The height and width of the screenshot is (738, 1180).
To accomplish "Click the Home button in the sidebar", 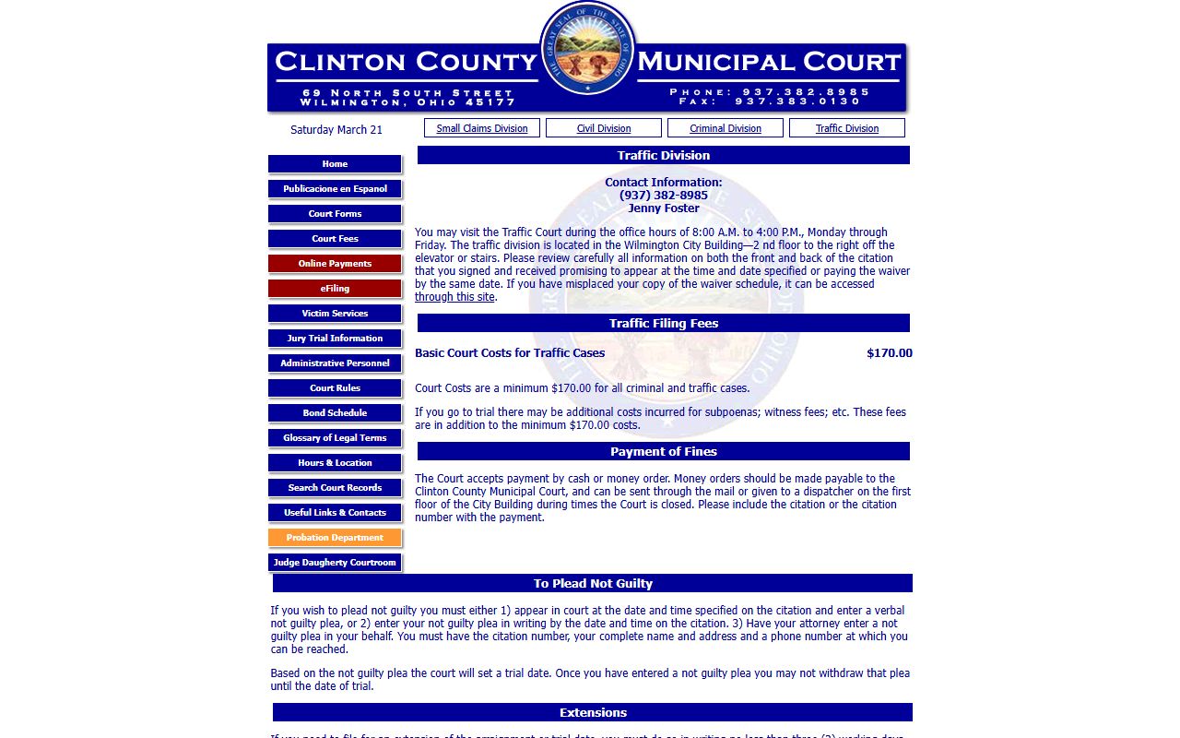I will tap(335, 164).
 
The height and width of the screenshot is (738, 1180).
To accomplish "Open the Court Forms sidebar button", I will tap(335, 214).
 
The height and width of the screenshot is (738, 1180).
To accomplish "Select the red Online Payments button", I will tap(335, 264).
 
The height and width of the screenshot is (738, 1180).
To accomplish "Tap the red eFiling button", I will tap(335, 289).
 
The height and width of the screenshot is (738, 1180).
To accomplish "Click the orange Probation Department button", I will tap(335, 538).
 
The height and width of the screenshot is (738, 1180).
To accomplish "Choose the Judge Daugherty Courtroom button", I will tap(335, 563).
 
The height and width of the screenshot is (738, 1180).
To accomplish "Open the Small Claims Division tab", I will tap(482, 128).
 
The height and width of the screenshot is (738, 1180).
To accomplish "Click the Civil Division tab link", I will tap(604, 128).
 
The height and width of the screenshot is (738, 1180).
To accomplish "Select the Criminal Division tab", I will tap(726, 128).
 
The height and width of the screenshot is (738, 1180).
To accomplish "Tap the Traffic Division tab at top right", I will tap(847, 128).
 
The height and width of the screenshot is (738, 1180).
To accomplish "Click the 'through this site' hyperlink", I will tap(454, 297).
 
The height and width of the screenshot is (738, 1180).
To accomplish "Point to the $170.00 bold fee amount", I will tap(889, 353).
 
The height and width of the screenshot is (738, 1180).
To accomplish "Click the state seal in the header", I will tap(588, 47).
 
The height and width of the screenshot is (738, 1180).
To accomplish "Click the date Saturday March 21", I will tap(336, 130).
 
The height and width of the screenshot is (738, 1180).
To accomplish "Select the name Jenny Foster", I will tap(664, 208).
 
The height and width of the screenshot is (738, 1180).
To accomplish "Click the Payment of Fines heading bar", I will tap(664, 451).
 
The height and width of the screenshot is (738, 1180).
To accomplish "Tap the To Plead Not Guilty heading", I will tap(593, 583).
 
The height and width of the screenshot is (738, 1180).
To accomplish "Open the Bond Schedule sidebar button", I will tap(335, 413).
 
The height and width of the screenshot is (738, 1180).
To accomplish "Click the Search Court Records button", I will tap(335, 488).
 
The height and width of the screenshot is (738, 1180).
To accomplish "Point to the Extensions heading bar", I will tap(593, 712).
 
